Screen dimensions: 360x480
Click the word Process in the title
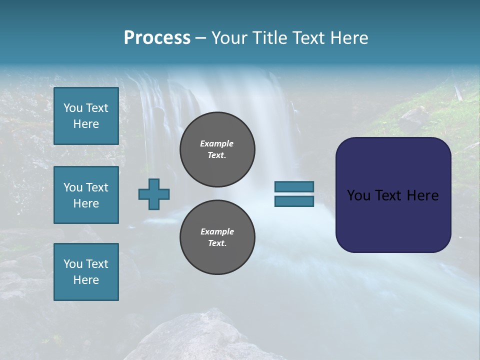coord(157,38)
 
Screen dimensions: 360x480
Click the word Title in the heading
coord(267,38)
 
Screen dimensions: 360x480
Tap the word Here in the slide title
coord(347,38)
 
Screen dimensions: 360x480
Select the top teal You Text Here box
coord(86,116)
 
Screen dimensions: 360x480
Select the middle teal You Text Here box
coord(86,195)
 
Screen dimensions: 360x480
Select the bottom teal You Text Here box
coord(86,272)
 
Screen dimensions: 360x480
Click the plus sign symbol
coord(154,194)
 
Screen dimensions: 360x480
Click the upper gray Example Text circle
coord(217,149)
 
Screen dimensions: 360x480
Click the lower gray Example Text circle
coord(217,237)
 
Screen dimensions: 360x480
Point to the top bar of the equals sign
coord(294,186)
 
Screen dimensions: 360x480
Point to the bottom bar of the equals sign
coord(294,201)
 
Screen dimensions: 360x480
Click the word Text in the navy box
coord(389,195)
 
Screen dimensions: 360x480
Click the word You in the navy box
coord(358,195)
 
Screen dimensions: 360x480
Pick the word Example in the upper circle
coord(217,143)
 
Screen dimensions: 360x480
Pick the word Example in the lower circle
coord(217,231)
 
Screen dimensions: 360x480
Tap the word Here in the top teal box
coord(86,124)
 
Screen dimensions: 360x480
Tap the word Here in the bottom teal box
coord(86,280)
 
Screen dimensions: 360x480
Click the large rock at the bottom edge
coord(200,337)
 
